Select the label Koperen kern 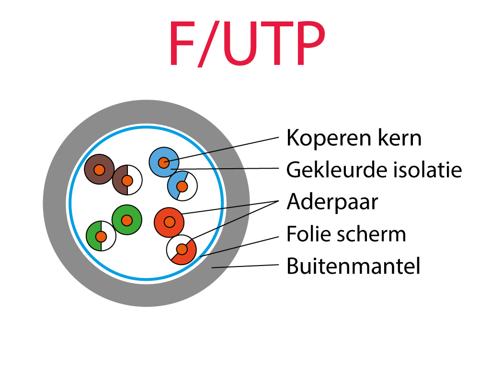click(x=354, y=139)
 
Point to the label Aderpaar click(x=332, y=202)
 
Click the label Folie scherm click(x=346, y=234)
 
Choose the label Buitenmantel click(x=353, y=266)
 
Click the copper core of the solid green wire click(x=126, y=220)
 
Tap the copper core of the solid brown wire click(x=99, y=170)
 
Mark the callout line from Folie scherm click(x=239, y=245)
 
